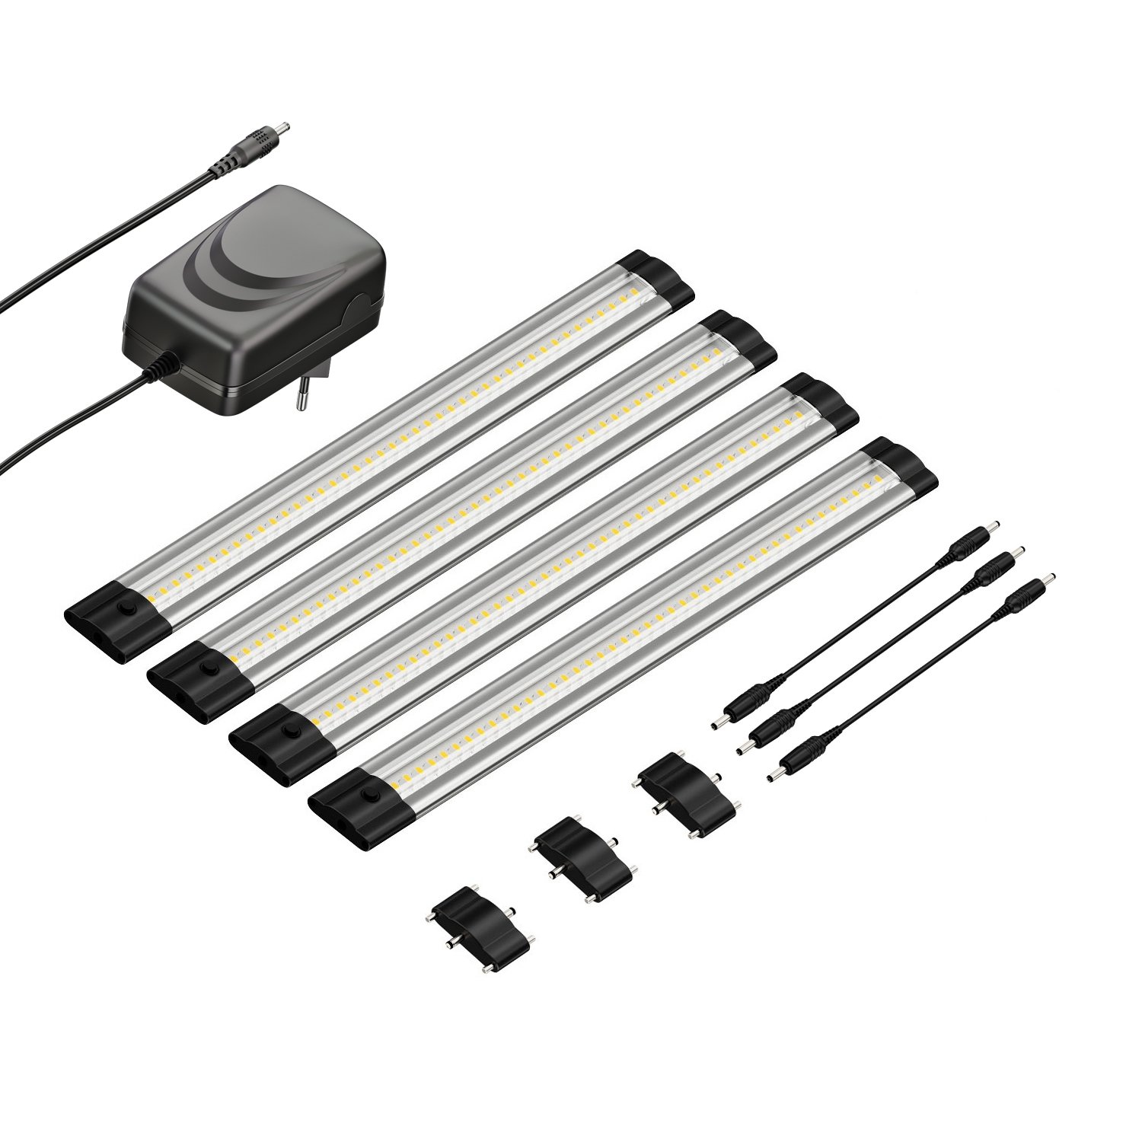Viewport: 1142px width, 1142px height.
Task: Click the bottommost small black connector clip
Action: (x=480, y=928)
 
